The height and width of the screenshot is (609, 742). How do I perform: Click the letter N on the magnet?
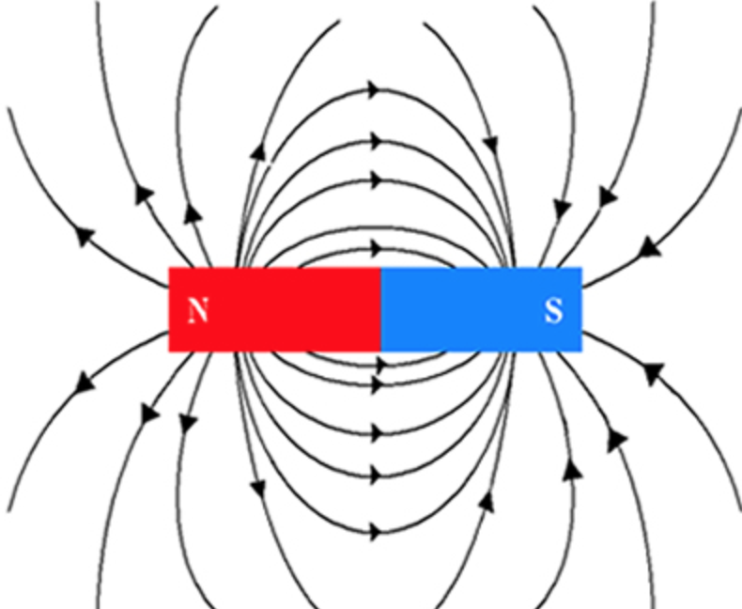coord(197,311)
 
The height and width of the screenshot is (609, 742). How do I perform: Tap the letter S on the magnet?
coord(554,311)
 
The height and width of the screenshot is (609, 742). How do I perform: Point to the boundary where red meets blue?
coord(380,309)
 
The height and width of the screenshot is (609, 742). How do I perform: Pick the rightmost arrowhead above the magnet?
coord(647,250)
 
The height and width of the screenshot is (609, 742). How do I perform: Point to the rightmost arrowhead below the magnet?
coord(647,373)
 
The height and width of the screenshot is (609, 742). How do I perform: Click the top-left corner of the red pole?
coord(169,268)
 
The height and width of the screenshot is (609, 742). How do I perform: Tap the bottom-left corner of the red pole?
coord(169,351)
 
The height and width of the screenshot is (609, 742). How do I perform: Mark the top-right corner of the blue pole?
coord(581,268)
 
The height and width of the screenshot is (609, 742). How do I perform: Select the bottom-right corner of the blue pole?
coord(581,351)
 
